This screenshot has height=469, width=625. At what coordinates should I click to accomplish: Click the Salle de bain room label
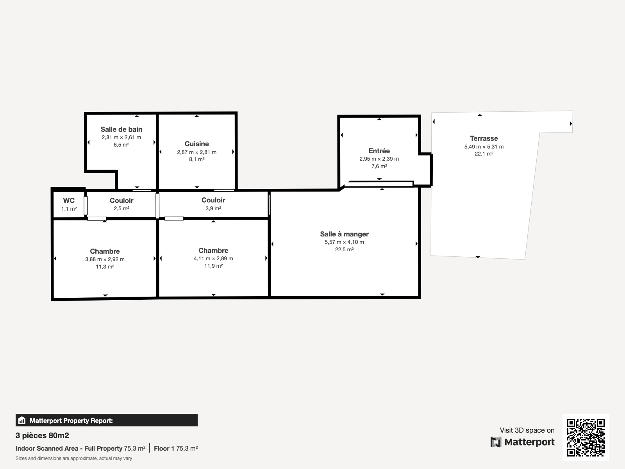coord(121,129)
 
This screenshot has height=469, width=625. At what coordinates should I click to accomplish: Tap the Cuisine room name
coord(197,144)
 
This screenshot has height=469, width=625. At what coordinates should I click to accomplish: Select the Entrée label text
coord(379,150)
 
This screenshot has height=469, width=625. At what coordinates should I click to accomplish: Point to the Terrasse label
coord(484,138)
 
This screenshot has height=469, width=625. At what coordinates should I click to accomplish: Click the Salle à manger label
coord(344,234)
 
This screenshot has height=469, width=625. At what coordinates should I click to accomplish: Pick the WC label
coord(69,200)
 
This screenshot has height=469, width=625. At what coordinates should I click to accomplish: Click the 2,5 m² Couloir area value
coord(121,208)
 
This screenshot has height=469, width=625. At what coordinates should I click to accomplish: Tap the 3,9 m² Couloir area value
coord(213,208)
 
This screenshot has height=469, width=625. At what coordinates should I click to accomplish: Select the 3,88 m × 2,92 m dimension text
coord(105,259)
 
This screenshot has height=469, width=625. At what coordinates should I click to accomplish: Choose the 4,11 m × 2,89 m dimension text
coord(213,259)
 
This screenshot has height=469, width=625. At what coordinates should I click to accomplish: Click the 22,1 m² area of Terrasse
coord(484,154)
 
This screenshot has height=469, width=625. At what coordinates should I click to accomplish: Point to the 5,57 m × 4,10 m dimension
coord(344,242)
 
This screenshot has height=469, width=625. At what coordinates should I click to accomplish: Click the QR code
coord(586,438)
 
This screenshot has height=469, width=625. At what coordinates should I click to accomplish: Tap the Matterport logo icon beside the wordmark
coord(496,442)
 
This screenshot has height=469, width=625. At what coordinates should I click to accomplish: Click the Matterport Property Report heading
coord(71,421)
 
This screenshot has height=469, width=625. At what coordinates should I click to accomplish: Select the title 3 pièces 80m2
coord(42,435)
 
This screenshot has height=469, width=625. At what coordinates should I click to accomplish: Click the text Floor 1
coord(164,449)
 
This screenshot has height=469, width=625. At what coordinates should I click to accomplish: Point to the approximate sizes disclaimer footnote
coord(74,458)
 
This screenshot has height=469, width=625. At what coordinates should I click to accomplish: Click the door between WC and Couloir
coord(86,205)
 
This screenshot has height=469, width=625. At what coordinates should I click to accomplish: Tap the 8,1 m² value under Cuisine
coord(197,159)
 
